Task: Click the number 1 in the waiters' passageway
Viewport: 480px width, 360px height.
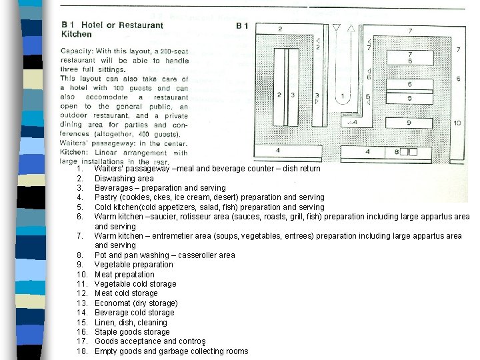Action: [x=342, y=96]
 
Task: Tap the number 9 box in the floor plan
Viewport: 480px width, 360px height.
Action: [x=409, y=123]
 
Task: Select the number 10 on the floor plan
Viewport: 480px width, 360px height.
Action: [x=457, y=123]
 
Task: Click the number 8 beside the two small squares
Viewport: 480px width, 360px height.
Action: [x=397, y=152]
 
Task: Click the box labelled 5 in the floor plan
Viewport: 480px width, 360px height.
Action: [x=409, y=99]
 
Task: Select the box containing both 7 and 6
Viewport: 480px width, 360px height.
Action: [x=409, y=58]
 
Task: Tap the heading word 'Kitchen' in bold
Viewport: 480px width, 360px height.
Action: [x=77, y=34]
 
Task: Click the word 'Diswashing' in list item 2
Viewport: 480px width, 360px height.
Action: [x=115, y=178]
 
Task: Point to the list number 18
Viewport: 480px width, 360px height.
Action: [x=83, y=351]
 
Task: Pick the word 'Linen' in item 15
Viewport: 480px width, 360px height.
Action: [x=105, y=322]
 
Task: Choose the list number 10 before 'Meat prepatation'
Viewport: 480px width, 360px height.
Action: [x=83, y=274]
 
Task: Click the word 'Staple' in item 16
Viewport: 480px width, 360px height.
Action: [x=106, y=332]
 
